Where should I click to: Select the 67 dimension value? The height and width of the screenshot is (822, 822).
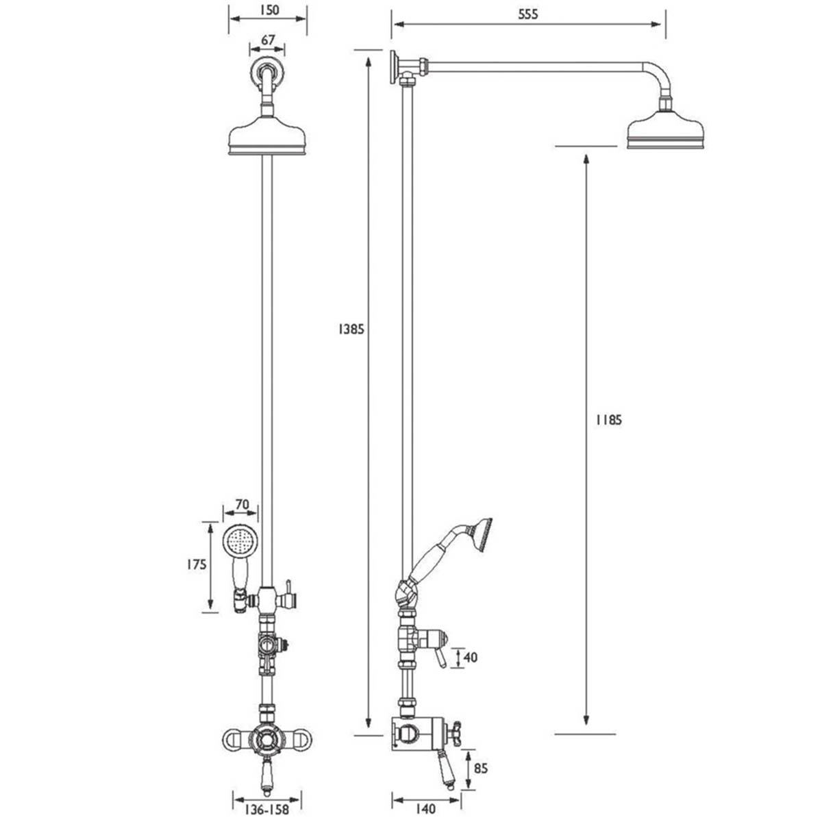coord(268,40)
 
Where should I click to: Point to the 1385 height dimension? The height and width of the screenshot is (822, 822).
coord(351,329)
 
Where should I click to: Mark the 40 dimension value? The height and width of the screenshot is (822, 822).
coord(471,658)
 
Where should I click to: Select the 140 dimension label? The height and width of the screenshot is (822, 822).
coord(425,809)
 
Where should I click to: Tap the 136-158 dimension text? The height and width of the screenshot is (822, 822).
coord(266,809)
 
